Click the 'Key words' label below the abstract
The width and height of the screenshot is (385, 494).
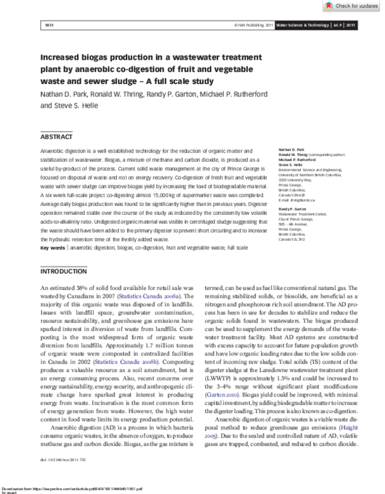coord(53,266)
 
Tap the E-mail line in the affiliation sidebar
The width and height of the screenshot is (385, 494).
coord(296,201)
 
